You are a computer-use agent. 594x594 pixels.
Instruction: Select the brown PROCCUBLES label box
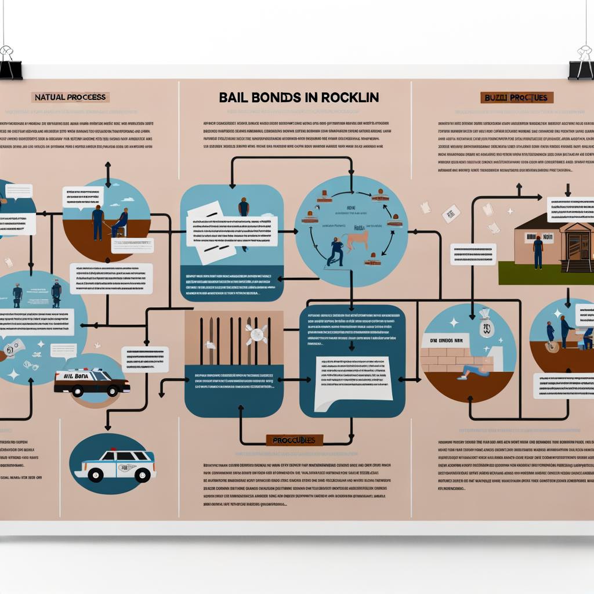point(294,440)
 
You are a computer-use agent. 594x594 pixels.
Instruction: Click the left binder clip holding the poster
point(9,63)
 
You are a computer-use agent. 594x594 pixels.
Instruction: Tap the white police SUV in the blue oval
point(114,466)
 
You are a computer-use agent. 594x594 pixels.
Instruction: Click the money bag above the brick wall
point(486,324)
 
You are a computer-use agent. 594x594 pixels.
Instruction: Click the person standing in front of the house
point(538,252)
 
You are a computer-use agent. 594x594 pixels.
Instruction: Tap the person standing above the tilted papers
point(244,209)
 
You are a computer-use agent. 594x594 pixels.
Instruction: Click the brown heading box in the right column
point(517,97)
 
